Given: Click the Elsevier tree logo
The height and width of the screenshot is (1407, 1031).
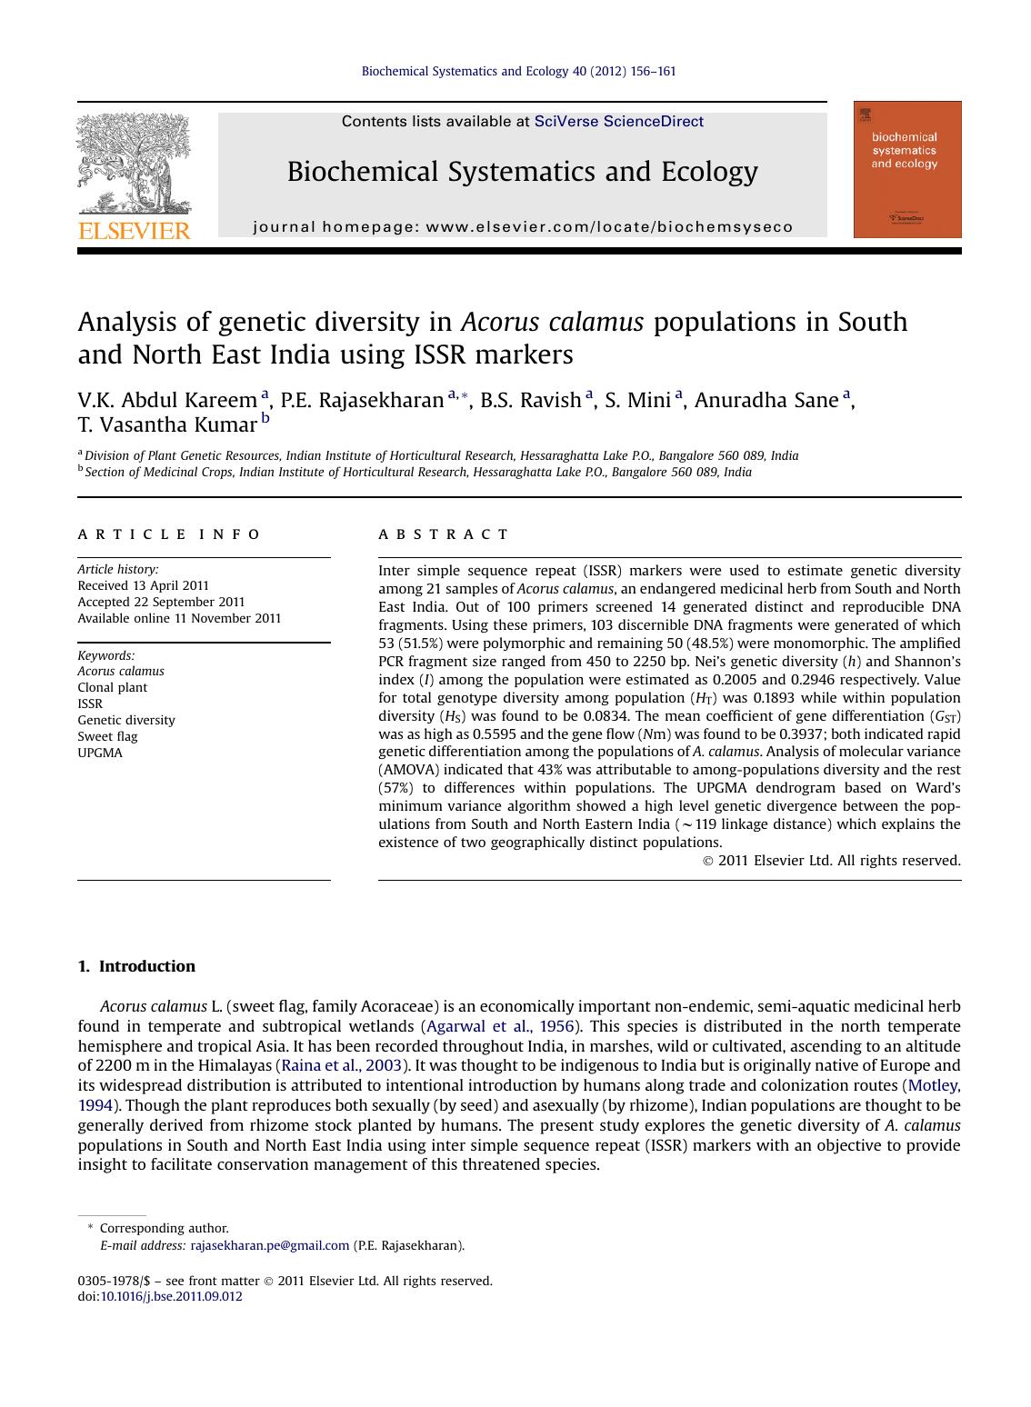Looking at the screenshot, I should [x=134, y=164].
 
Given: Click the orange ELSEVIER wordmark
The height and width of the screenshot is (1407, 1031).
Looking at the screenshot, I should [x=135, y=230].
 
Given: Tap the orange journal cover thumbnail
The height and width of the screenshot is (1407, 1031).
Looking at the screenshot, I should [x=906, y=170].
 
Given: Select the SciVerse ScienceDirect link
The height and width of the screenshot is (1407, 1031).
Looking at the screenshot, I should [x=618, y=121].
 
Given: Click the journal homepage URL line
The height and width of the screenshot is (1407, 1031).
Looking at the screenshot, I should [x=523, y=227].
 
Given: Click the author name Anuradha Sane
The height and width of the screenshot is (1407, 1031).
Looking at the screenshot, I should [x=766, y=401].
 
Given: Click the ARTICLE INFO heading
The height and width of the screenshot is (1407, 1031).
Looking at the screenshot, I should [x=169, y=534].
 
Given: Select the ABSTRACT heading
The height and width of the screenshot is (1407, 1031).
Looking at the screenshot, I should [x=444, y=534].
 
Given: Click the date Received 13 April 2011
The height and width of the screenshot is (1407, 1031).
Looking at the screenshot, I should [x=144, y=585].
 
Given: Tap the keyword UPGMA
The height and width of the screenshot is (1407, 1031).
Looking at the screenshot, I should [x=100, y=753].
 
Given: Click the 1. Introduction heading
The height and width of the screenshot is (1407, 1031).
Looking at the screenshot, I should [x=136, y=966].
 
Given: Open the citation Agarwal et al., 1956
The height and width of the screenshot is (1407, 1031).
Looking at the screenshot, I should [x=500, y=1026].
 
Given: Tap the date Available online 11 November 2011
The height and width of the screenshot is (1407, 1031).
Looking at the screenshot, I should [x=179, y=618].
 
